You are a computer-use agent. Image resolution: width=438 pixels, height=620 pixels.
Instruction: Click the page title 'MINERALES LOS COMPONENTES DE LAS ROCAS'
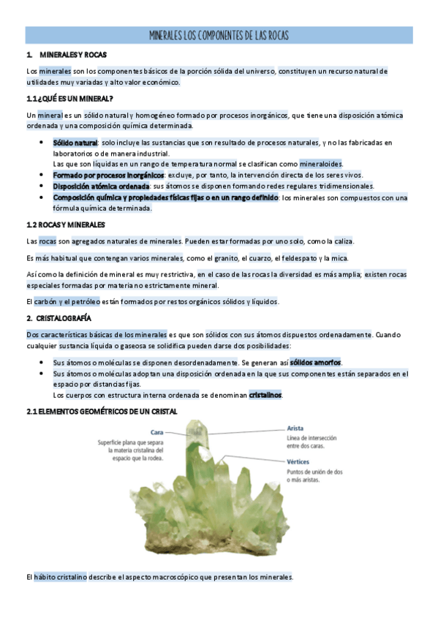[x=219, y=35]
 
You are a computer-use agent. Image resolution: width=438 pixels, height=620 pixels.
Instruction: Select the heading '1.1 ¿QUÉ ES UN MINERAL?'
[x=69, y=99]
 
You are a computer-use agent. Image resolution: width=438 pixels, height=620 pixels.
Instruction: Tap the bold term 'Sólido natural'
[x=75, y=143]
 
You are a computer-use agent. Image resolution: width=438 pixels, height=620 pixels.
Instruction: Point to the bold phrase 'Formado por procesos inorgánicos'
[x=108, y=175]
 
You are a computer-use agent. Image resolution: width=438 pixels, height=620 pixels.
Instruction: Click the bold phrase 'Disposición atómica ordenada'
[x=102, y=186]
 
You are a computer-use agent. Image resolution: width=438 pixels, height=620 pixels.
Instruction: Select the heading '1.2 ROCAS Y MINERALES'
[x=66, y=225]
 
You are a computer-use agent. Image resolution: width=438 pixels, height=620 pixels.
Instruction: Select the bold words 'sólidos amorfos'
[x=315, y=363]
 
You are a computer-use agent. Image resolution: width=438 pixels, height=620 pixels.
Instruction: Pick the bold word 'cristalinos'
[x=265, y=396]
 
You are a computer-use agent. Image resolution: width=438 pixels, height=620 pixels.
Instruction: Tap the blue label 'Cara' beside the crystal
[x=156, y=431]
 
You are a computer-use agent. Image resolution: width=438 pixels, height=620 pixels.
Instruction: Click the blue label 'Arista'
[x=295, y=428]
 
